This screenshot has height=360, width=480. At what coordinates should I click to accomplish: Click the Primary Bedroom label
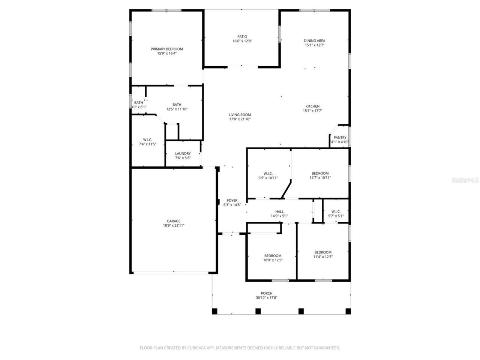tap(166, 49)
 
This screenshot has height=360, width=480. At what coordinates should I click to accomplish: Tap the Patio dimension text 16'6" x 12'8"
tap(242, 41)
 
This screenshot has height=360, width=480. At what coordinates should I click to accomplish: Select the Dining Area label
tap(314, 41)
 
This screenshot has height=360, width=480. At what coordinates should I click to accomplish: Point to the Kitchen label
tap(312, 106)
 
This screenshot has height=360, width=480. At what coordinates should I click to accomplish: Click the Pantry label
tap(340, 138)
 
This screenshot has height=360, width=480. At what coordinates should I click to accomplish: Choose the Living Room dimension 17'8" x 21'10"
tap(240, 119)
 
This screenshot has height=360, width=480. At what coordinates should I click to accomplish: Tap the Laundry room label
tap(183, 154)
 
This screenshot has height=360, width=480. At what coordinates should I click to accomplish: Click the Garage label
tap(174, 221)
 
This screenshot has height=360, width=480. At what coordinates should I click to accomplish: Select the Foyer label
tap(232, 201)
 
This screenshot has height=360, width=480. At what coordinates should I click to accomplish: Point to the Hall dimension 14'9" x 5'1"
tap(279, 216)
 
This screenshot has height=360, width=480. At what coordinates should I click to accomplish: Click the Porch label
tap(267, 293)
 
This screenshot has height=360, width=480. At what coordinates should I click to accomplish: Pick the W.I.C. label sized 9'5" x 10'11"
tap(268, 174)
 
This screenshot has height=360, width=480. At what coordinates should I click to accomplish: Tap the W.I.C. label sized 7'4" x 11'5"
tap(147, 140)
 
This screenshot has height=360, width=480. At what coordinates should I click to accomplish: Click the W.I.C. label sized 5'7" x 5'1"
tap(336, 211)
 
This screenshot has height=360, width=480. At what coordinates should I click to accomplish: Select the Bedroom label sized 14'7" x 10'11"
tap(320, 174)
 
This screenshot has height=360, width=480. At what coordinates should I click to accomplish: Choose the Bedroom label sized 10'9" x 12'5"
tap(273, 256)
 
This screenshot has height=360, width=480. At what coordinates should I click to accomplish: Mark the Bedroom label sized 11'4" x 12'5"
tap(322, 252)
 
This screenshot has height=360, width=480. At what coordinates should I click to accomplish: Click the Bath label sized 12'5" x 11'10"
tap(177, 105)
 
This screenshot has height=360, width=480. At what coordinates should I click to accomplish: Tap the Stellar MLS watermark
tap(465, 180)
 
